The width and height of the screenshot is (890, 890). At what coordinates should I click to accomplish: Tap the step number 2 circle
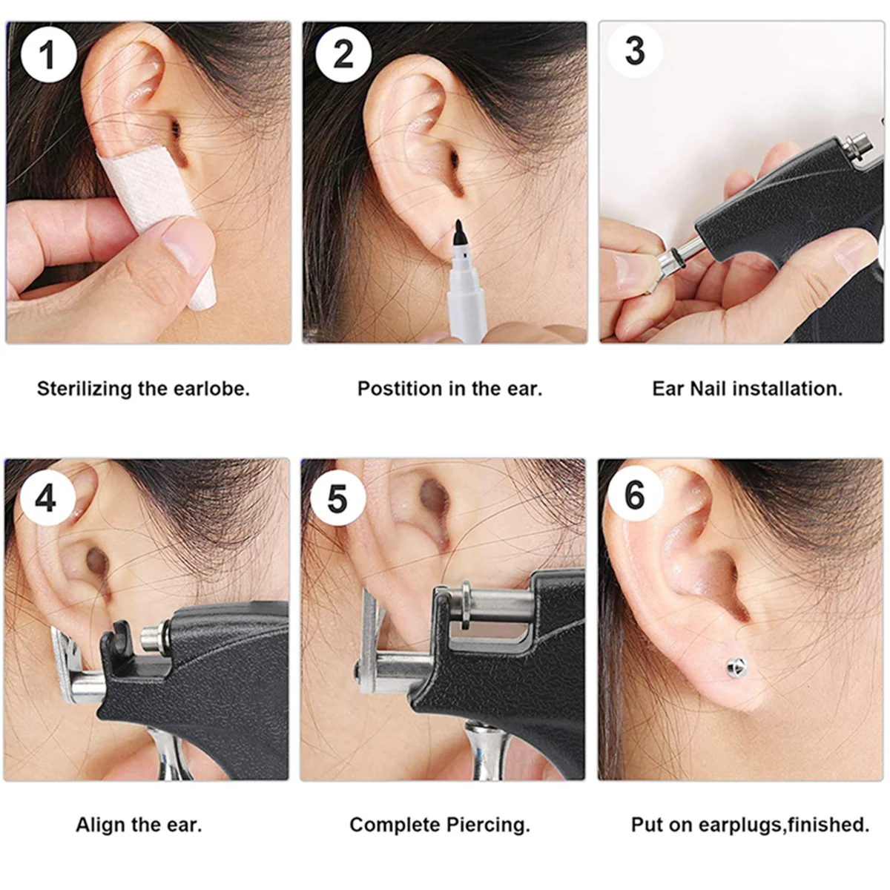(343, 54)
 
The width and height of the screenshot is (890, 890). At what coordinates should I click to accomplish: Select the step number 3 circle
(636, 51)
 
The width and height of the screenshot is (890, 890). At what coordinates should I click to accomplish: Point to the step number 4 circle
(46, 498)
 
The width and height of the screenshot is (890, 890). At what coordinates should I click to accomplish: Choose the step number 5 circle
(337, 499)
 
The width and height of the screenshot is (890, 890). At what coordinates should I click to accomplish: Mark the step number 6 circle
(635, 495)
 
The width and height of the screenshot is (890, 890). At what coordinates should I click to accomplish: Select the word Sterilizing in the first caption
(85, 389)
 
